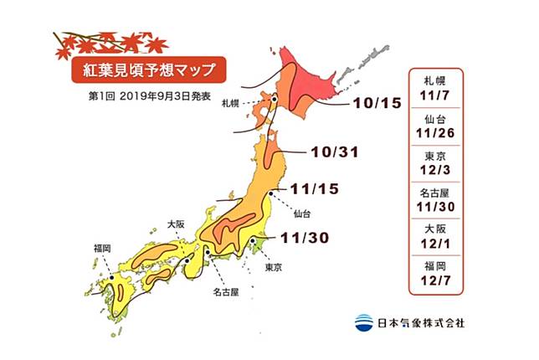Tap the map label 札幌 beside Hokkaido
(x=231, y=103)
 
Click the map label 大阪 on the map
(x=176, y=224)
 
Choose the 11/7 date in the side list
(x=442, y=97)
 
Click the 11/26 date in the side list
(x=442, y=134)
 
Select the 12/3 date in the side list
(x=442, y=171)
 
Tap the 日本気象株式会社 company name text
(x=421, y=321)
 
